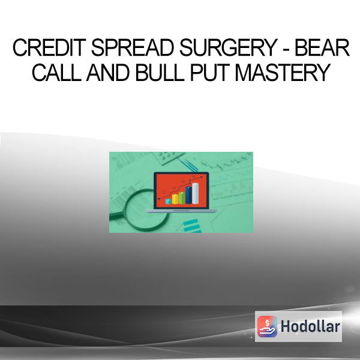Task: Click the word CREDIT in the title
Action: (x=49, y=47)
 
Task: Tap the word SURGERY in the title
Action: (x=229, y=47)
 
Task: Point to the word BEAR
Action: (x=322, y=47)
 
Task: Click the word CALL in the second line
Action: (x=56, y=73)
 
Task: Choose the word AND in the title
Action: (x=107, y=73)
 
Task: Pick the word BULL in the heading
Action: (x=160, y=73)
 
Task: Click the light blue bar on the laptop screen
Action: (x=168, y=202)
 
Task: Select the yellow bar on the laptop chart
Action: (x=175, y=199)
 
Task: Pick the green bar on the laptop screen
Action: (x=182, y=198)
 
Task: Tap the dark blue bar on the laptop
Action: (x=188, y=195)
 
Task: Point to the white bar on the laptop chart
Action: (x=196, y=193)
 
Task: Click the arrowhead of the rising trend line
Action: (x=202, y=177)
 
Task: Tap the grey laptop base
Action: (x=181, y=211)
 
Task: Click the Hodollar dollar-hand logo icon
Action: (x=267, y=326)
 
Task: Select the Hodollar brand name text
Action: (x=310, y=326)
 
